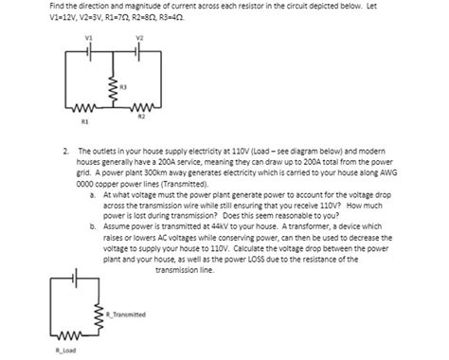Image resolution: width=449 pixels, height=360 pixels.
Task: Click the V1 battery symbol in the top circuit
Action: coord(89,50)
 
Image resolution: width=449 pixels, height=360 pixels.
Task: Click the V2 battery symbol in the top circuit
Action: coord(139,50)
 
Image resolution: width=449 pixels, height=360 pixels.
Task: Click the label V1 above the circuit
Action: coord(89,38)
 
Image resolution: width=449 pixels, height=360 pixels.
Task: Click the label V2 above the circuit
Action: coord(139,38)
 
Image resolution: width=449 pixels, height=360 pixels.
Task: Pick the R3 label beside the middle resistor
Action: coord(123,86)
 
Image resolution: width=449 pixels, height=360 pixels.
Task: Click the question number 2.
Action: coord(62,149)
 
